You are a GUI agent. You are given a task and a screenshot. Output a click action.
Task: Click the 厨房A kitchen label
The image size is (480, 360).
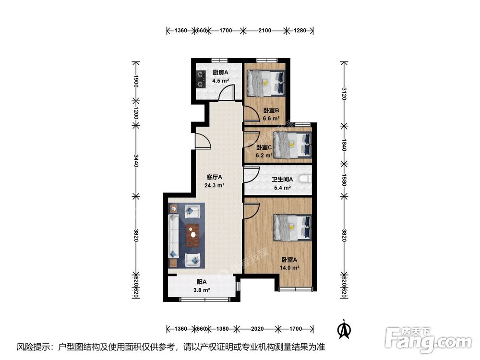(220, 73)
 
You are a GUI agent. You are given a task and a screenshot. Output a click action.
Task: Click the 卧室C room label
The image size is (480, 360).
(264, 148)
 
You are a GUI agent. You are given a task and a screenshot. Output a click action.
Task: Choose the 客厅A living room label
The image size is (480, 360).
(215, 177)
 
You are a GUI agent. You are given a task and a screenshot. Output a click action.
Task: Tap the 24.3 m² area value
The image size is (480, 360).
(215, 185)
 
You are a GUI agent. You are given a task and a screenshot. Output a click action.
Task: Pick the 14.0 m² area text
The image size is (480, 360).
(290, 268)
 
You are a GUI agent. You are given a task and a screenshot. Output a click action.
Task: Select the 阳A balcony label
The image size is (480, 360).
(202, 282)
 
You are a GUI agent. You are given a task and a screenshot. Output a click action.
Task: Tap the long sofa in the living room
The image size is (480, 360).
(173, 235)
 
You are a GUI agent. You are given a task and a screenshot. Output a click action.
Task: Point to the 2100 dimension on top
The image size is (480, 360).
(265, 31)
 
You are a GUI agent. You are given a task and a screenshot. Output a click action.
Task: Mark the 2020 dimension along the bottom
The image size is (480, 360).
(258, 329)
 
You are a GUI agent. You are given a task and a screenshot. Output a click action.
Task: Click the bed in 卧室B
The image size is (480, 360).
(265, 82)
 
